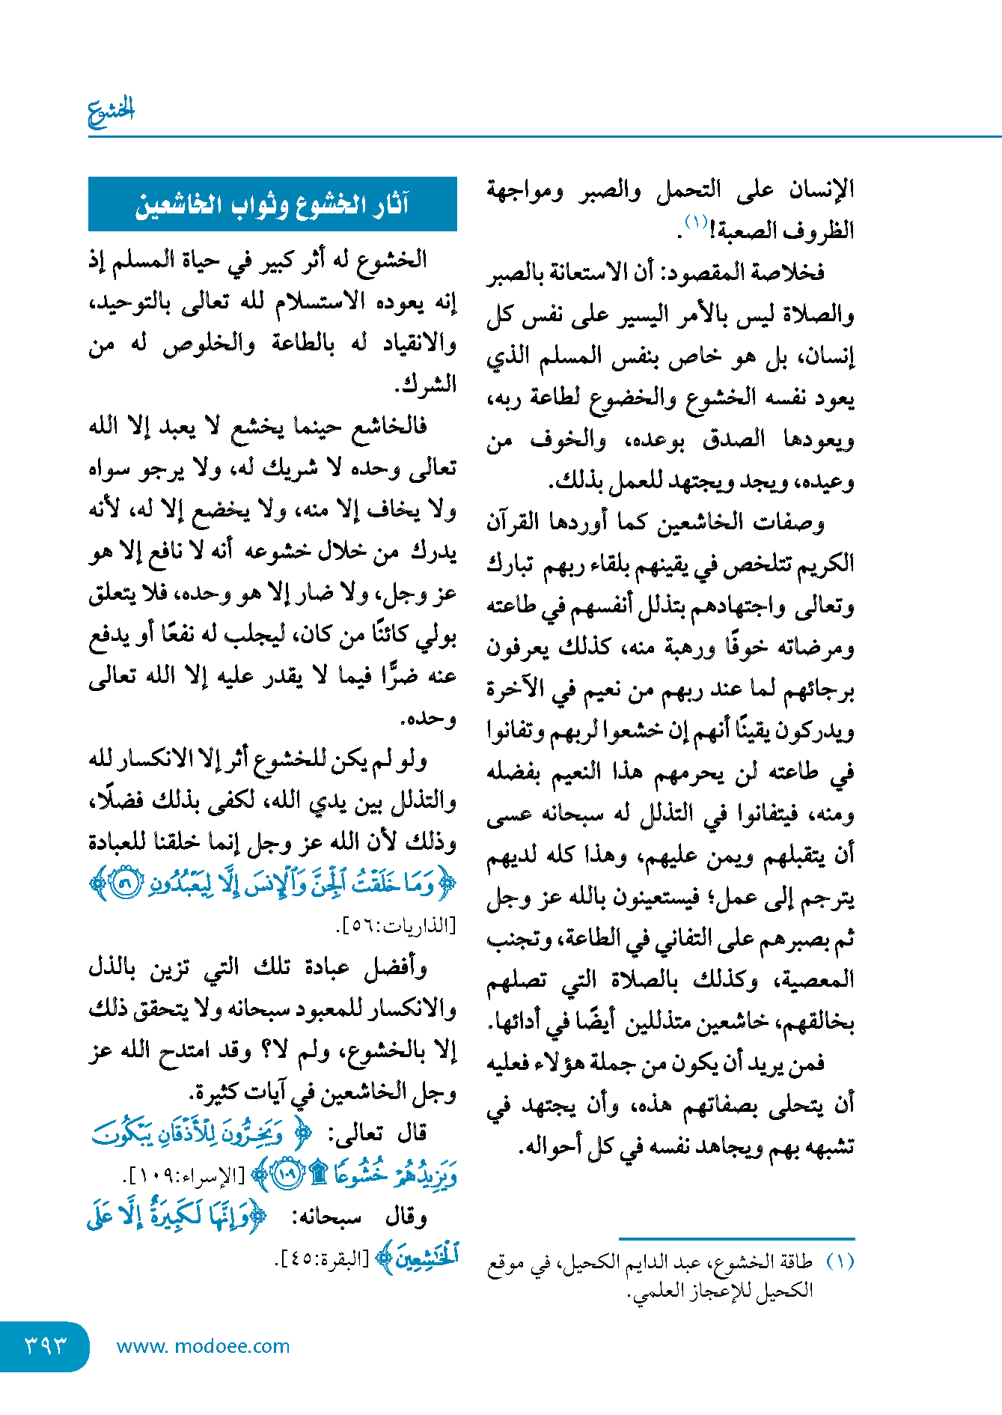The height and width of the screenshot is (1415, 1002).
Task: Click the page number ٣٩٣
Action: pyautogui.click(x=45, y=1345)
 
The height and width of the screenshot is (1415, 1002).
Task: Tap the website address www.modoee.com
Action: pyautogui.click(x=203, y=1346)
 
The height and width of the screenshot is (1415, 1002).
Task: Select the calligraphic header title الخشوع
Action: pyautogui.click(x=111, y=111)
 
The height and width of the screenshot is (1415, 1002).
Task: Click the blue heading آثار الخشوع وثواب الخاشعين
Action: pyautogui.click(x=272, y=204)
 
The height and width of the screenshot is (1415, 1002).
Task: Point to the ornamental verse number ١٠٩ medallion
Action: pyautogui.click(x=286, y=1175)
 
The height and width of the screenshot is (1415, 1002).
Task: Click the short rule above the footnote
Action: pyautogui.click(x=736, y=1239)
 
